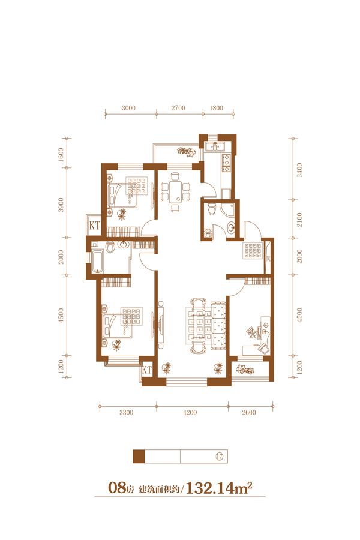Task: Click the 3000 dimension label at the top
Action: (128, 108)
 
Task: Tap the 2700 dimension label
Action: (178, 108)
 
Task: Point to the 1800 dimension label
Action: (217, 108)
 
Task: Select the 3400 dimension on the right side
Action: (299, 170)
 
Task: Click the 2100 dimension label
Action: (299, 220)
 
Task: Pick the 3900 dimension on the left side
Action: (61, 205)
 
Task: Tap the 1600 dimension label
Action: (61, 155)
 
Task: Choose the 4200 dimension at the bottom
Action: (190, 412)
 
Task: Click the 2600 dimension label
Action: (249, 412)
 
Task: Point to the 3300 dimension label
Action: (126, 412)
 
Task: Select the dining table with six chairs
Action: (175, 192)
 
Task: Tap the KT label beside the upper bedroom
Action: (94, 226)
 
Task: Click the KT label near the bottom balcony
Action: (147, 370)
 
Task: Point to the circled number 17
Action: (220, 457)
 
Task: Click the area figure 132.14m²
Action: (219, 488)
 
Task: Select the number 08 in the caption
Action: (117, 488)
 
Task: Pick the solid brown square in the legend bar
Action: (139, 457)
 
